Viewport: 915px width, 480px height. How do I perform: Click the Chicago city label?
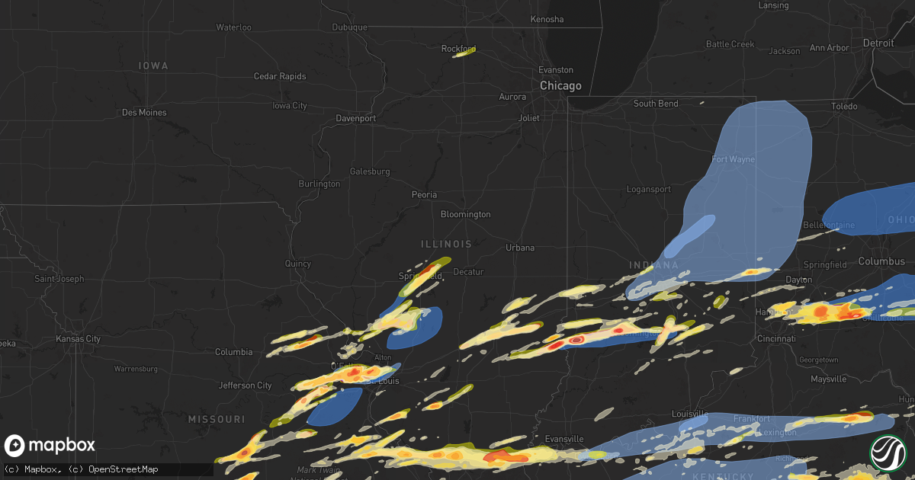(x=560, y=86)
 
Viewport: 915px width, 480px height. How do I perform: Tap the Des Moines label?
(x=144, y=113)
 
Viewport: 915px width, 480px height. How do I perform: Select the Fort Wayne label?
(x=733, y=159)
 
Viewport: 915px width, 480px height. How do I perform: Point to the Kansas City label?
(x=79, y=338)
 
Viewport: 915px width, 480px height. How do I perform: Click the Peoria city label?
(x=425, y=195)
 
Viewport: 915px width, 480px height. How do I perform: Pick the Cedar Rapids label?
(x=280, y=76)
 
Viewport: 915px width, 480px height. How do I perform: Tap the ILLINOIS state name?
(x=446, y=245)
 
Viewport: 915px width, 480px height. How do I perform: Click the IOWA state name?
(x=153, y=66)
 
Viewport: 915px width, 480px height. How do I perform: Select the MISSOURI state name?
(x=217, y=420)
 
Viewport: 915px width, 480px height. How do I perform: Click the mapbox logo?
(x=50, y=446)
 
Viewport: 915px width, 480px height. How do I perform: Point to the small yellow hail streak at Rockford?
(x=464, y=52)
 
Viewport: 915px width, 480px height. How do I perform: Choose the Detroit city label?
(x=878, y=43)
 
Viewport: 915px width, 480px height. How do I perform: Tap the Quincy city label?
(x=298, y=264)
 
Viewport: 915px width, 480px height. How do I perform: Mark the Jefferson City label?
(x=245, y=386)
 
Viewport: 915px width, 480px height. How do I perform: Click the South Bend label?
(x=656, y=104)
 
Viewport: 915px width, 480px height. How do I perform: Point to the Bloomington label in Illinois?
(x=465, y=215)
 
